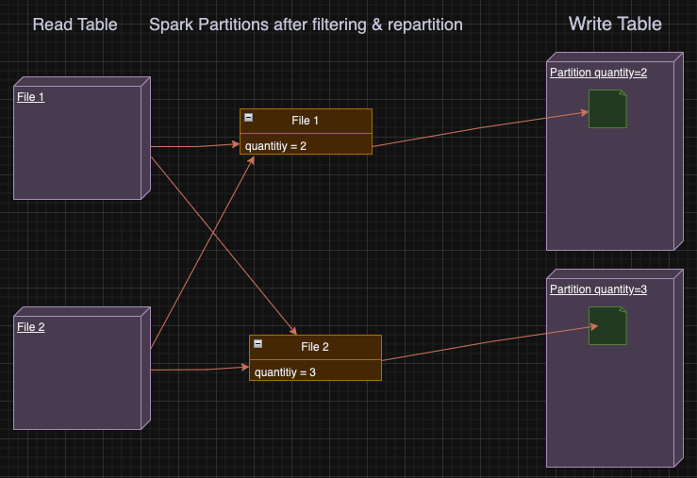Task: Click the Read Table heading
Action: [x=75, y=25]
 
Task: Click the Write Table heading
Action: [x=614, y=25]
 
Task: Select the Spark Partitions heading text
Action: [x=306, y=25]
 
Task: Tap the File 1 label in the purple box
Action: [x=30, y=97]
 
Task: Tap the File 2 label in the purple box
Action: [x=30, y=327]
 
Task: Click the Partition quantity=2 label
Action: [x=598, y=73]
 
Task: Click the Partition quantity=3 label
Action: [x=598, y=289]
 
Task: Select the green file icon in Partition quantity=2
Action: [x=607, y=108]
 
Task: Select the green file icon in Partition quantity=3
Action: [x=607, y=325]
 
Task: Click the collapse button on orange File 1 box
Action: [x=248, y=118]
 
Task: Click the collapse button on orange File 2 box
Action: [x=257, y=344]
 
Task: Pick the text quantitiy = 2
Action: [x=275, y=145]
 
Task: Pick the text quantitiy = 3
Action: [x=285, y=371]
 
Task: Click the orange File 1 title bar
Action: [x=306, y=121]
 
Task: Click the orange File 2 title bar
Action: [x=315, y=347]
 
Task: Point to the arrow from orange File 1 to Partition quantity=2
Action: [x=481, y=129]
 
